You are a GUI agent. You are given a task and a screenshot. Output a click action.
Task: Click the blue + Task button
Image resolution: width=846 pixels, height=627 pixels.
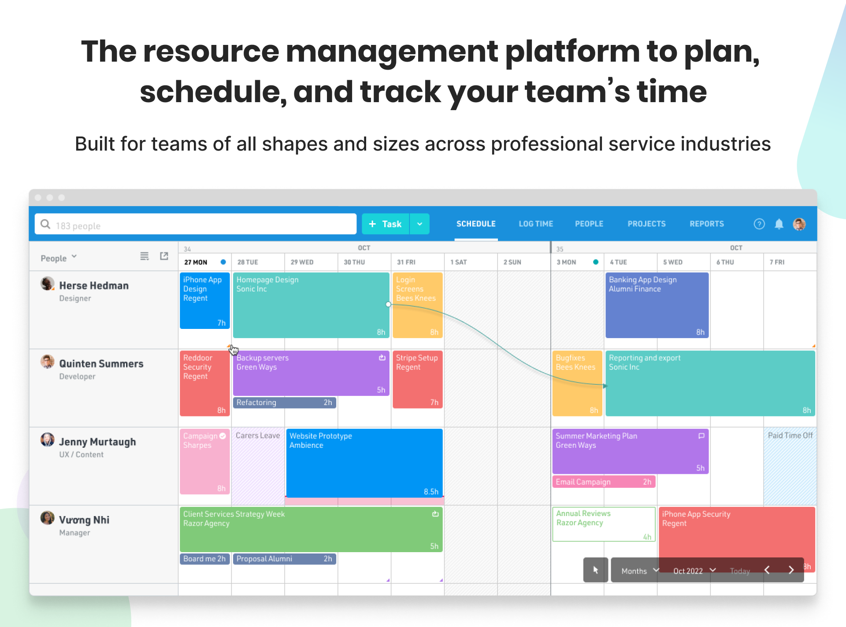tap(386, 224)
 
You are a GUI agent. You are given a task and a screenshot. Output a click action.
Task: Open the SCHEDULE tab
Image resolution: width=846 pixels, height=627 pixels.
tap(476, 224)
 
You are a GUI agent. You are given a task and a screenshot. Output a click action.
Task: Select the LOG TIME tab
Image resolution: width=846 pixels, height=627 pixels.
tap(536, 224)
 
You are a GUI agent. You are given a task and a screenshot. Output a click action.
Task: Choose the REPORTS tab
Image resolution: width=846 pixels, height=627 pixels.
tap(707, 224)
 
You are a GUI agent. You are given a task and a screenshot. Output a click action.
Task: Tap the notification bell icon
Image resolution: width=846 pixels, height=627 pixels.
tap(779, 224)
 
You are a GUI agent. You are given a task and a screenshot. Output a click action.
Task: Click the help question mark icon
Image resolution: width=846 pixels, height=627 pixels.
tap(759, 224)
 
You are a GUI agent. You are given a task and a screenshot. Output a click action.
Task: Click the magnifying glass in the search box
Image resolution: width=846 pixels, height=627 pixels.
tap(45, 225)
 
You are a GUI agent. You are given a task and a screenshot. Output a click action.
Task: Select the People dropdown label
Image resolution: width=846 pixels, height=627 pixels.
tap(54, 258)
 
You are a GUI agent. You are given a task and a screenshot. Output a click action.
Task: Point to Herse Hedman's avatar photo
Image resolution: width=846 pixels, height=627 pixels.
tap(48, 284)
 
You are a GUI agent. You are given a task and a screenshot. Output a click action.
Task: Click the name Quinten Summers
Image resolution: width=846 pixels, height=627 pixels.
tap(101, 364)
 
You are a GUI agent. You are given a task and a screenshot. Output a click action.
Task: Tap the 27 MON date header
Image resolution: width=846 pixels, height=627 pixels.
tap(196, 262)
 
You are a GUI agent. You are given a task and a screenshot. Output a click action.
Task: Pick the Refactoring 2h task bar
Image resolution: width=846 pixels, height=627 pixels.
tap(285, 402)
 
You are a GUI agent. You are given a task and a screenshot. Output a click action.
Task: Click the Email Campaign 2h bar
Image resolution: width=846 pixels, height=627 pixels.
tap(604, 482)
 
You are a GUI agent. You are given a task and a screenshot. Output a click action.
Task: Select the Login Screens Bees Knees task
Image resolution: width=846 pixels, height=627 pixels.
tap(417, 305)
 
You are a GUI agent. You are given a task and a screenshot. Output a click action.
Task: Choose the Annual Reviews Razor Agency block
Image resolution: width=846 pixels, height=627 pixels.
tap(604, 524)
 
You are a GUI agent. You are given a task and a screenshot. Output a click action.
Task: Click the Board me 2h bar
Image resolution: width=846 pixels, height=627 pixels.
tap(204, 559)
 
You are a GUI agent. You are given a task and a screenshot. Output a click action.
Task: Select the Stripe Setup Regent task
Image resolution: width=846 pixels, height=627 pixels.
tap(417, 379)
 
